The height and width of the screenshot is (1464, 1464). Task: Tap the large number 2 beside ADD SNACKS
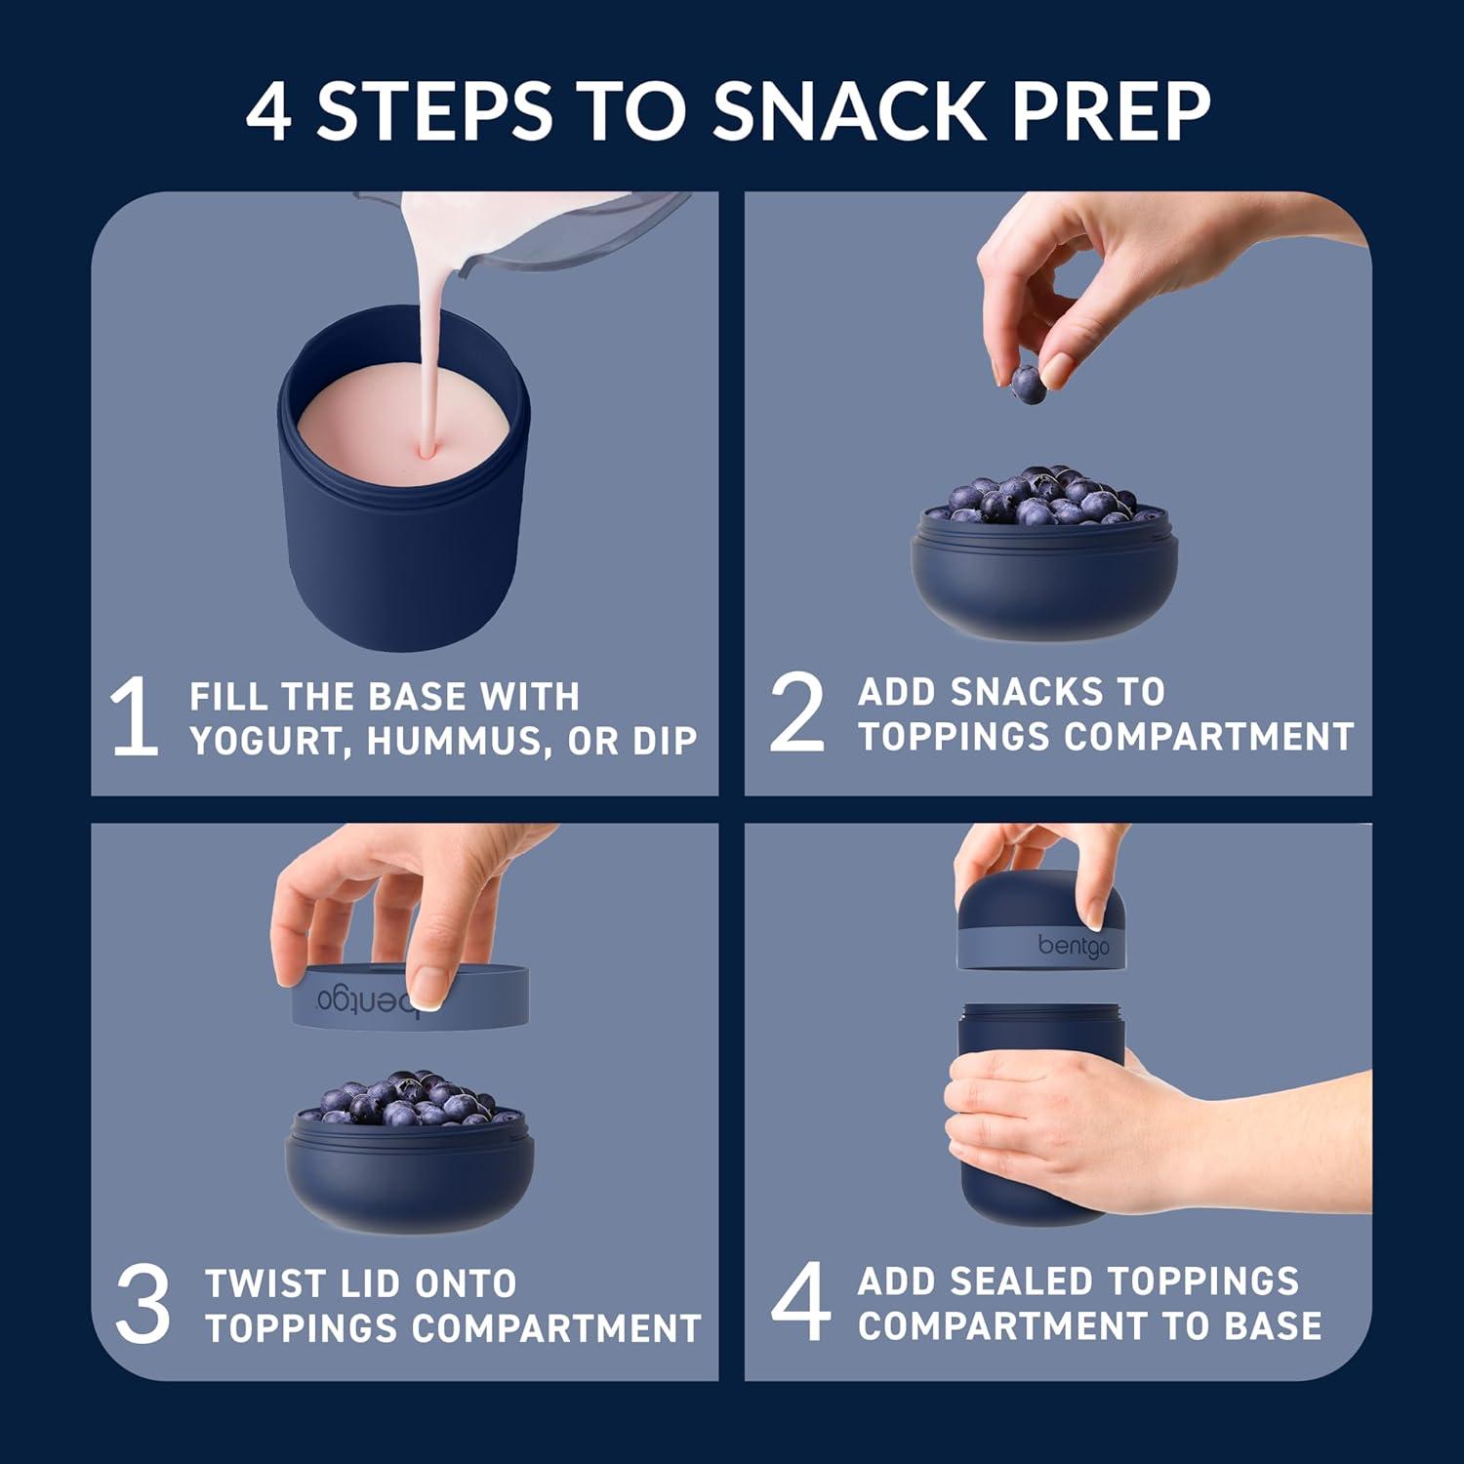pyautogui.click(x=796, y=712)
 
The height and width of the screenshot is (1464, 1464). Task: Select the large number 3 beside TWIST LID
pyautogui.click(x=142, y=1304)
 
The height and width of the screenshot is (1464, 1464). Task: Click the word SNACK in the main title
pyautogui.click(x=848, y=110)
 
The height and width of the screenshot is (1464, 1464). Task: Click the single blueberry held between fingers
pyautogui.click(x=1028, y=385)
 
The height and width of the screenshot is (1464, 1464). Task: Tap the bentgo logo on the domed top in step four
pyautogui.click(x=1073, y=946)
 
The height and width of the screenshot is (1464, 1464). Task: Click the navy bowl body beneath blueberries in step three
pyautogui.click(x=410, y=1186)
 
